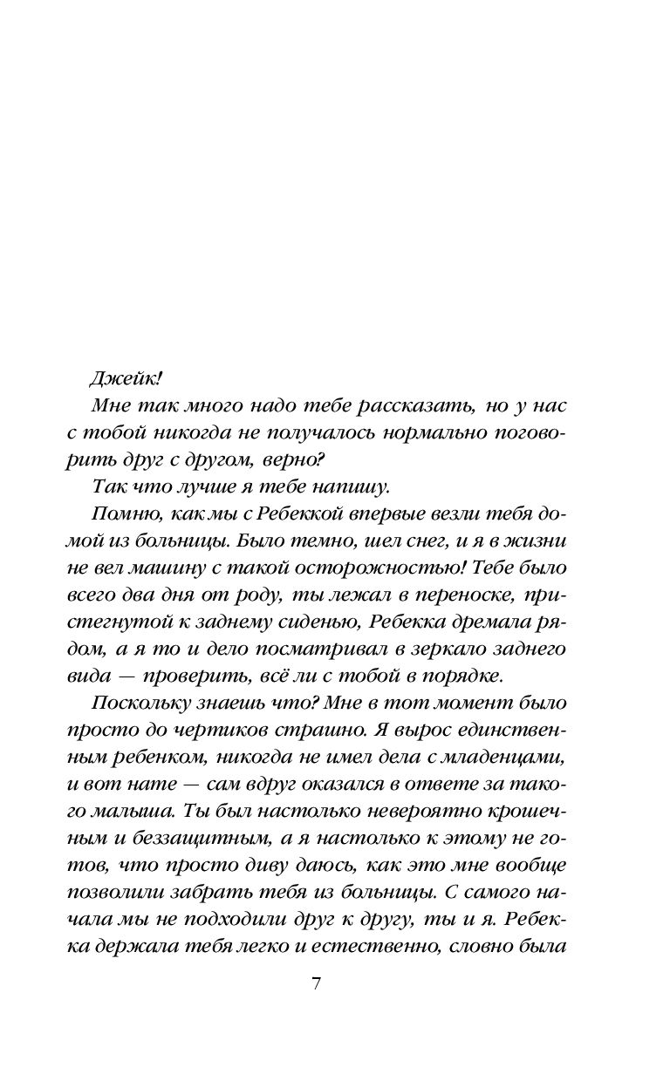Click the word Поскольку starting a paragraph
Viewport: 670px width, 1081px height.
click(x=134, y=704)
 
